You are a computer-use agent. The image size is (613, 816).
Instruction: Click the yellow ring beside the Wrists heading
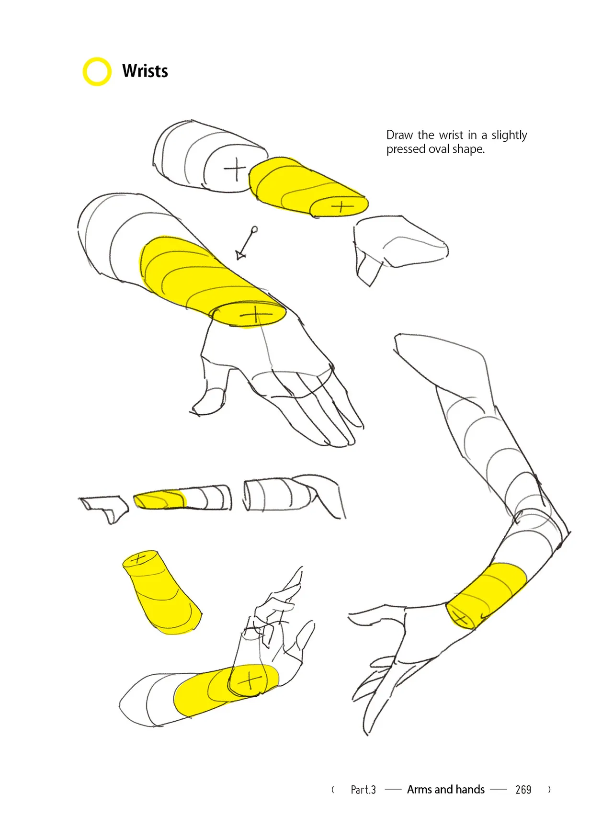pyautogui.click(x=84, y=72)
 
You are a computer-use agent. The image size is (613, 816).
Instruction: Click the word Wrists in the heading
pyautogui.click(x=145, y=71)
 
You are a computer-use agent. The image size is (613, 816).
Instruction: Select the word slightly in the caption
pyautogui.click(x=509, y=136)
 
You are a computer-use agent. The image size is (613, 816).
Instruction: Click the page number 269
pyautogui.click(x=523, y=789)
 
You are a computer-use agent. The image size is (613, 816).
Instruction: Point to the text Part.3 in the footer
pyautogui.click(x=363, y=790)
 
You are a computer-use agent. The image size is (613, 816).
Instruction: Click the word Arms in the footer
pyautogui.click(x=419, y=789)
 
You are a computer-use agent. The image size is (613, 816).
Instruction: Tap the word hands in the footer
pyautogui.click(x=470, y=789)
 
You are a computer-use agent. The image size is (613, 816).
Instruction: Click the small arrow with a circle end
pyautogui.click(x=247, y=243)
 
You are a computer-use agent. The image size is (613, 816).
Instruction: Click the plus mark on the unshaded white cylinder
pyautogui.click(x=235, y=170)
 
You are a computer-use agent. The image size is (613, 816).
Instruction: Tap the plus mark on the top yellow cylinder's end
pyautogui.click(x=341, y=207)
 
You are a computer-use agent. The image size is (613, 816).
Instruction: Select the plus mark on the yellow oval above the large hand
pyautogui.click(x=256, y=315)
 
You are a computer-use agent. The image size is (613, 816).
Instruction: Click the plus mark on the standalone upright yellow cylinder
pyautogui.click(x=138, y=558)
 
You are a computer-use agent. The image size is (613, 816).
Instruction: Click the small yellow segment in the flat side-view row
pyautogui.click(x=159, y=499)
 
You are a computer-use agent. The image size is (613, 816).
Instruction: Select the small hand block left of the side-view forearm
pyautogui.click(x=104, y=509)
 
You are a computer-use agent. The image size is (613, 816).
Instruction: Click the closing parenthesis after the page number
pyautogui.click(x=549, y=789)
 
